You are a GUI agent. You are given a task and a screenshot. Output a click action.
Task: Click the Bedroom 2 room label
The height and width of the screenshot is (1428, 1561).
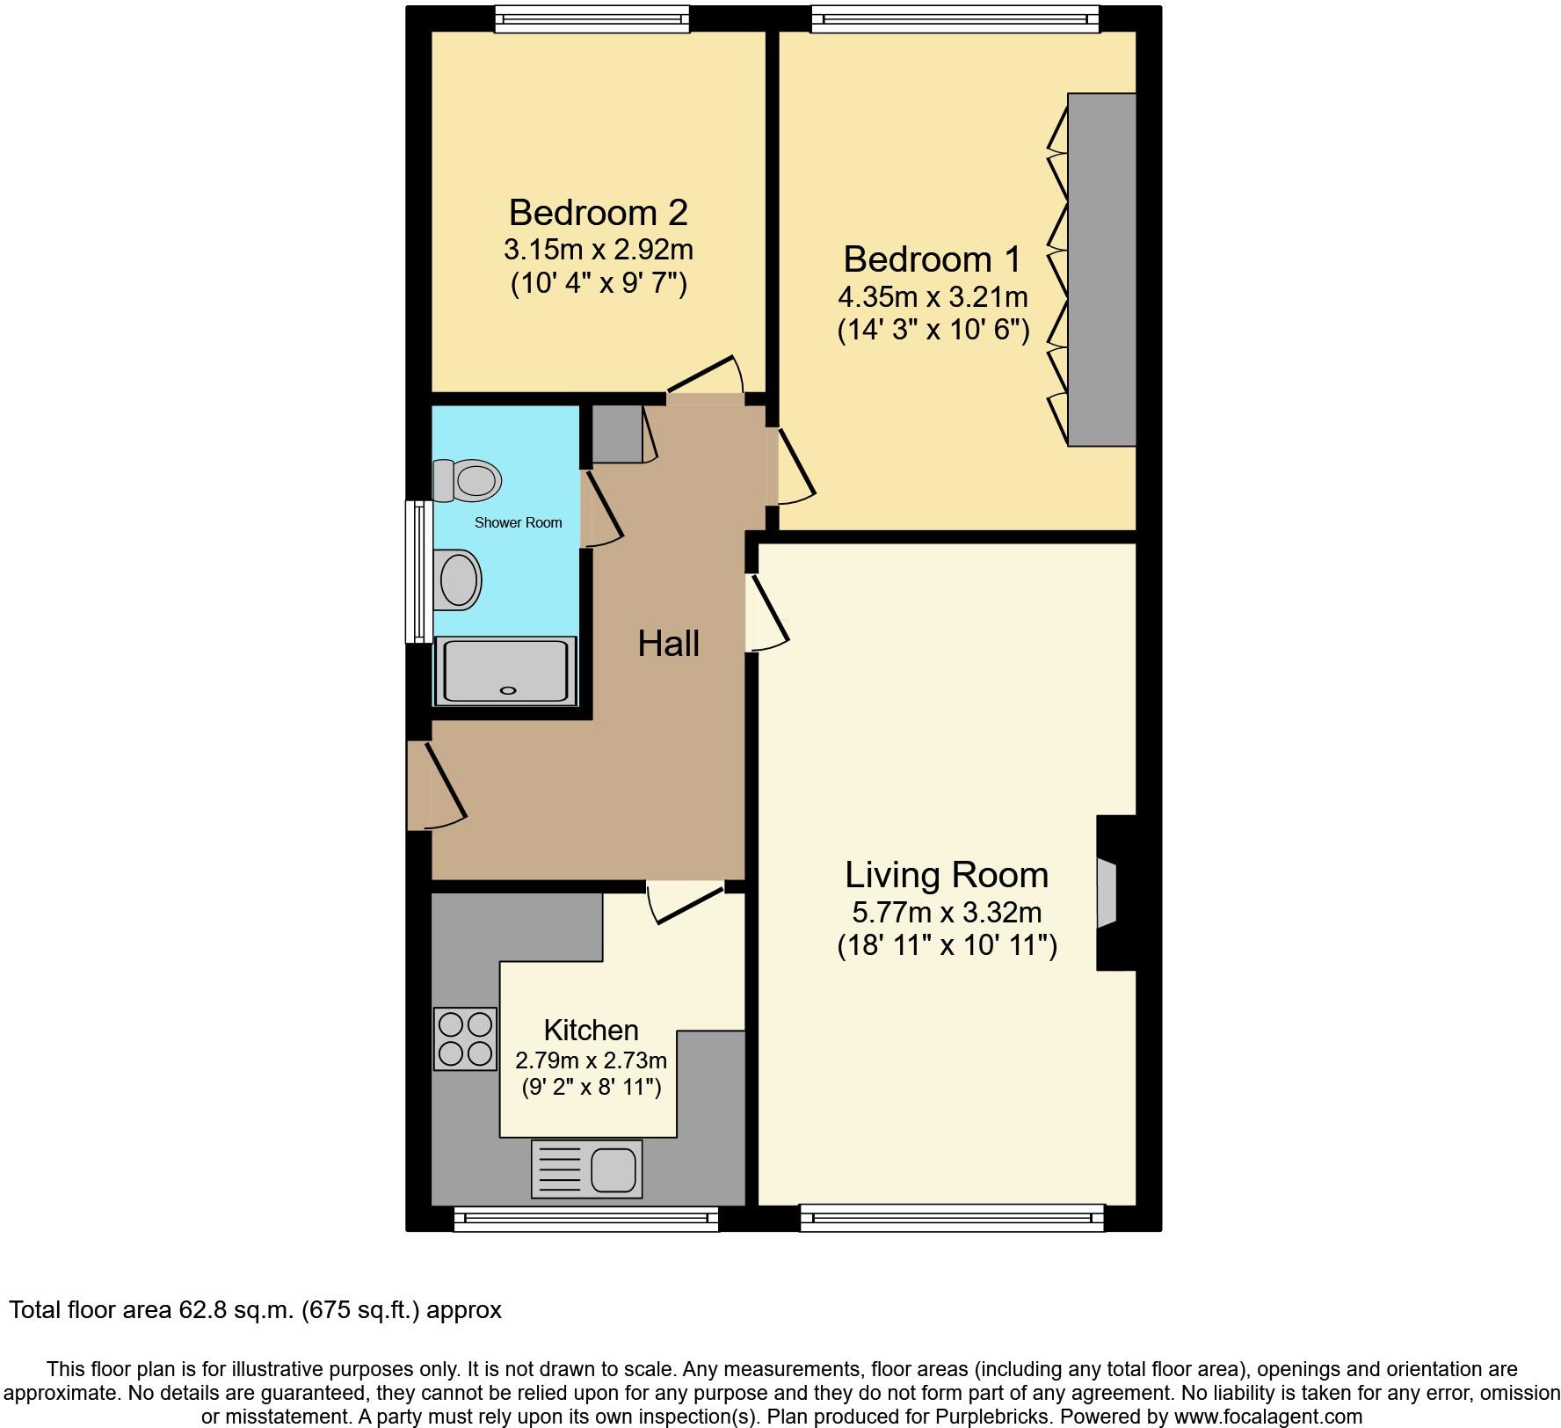tap(598, 213)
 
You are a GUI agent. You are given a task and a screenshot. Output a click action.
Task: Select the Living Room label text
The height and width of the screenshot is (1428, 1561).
tap(947, 875)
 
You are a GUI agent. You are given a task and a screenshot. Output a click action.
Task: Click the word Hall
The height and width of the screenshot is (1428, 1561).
tap(668, 644)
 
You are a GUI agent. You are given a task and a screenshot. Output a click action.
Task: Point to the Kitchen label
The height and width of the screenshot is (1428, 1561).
tap(591, 1030)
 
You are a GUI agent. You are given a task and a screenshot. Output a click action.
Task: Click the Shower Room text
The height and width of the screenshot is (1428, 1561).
tap(518, 522)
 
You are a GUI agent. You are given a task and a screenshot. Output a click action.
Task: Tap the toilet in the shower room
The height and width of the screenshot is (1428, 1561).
tap(468, 481)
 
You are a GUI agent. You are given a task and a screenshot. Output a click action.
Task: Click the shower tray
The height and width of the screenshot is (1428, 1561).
tap(505, 671)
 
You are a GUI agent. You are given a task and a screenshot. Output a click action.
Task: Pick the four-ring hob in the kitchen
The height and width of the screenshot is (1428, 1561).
tap(465, 1038)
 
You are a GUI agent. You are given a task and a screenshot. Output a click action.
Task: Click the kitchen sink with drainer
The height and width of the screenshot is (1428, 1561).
tap(586, 1169)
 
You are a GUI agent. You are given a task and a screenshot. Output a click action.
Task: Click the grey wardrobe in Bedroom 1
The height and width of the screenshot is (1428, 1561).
tap(1101, 269)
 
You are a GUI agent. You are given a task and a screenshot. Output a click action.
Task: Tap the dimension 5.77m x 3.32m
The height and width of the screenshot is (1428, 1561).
tap(947, 912)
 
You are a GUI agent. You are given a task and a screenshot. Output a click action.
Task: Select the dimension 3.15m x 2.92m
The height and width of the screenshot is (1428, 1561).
tap(598, 250)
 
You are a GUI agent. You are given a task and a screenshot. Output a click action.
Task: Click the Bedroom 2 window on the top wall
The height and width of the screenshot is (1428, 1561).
tap(592, 18)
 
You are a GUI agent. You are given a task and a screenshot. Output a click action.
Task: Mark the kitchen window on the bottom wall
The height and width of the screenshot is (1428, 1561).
tap(586, 1218)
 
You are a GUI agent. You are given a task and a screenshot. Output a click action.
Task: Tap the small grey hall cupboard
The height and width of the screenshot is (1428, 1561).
tap(616, 433)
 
